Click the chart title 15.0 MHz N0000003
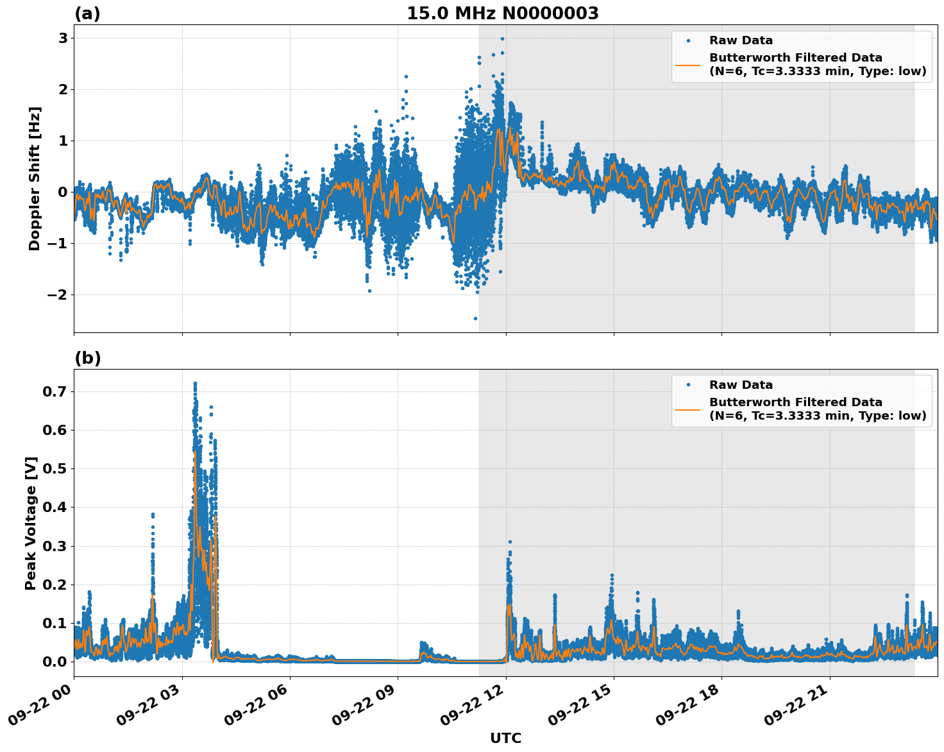503,13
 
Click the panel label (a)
87,13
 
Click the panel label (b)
87,358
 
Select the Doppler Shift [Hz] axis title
35,178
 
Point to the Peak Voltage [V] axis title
31,523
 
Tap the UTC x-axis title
505,738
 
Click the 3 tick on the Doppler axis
63,38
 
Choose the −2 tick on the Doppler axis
58,295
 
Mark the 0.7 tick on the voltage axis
56,391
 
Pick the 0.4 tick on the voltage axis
56,508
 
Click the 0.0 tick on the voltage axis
56,662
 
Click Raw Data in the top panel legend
741,40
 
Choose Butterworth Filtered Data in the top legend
795,58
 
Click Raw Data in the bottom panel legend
741,385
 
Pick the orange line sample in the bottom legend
687,409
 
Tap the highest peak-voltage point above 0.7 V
195,384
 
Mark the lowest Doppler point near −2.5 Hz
475,318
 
